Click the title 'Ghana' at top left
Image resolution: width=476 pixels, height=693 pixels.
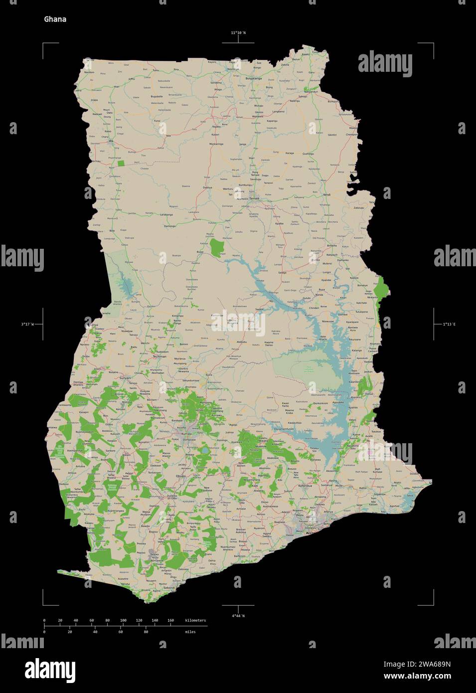click(55, 19)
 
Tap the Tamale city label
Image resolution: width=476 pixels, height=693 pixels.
click(254, 198)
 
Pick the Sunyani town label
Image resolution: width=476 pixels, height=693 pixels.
click(125, 378)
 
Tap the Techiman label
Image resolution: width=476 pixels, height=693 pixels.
click(159, 356)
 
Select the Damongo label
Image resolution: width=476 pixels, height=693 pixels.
click(170, 226)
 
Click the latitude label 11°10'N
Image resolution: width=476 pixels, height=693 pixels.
click(238, 33)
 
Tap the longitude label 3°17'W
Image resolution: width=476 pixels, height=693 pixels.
click(27, 325)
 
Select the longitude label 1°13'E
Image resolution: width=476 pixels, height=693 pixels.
click(449, 325)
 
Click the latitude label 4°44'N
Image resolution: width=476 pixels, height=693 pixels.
click(238, 616)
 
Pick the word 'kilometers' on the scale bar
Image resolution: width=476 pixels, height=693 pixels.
click(195, 621)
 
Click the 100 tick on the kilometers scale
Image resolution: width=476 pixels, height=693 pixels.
click(123, 621)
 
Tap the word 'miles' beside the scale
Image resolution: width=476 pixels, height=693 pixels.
click(190, 632)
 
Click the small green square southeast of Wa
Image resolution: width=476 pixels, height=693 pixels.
click(121, 163)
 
